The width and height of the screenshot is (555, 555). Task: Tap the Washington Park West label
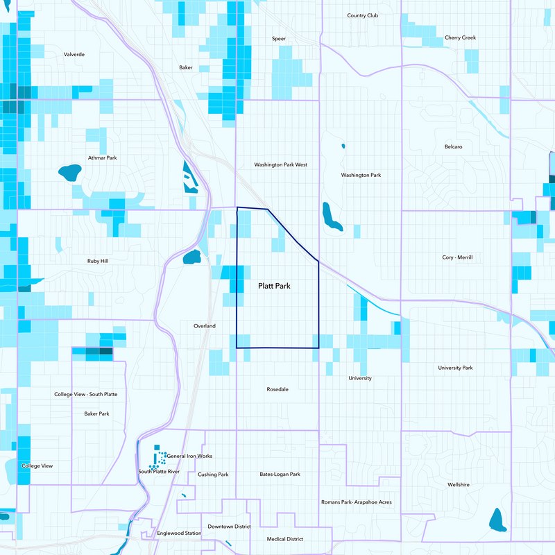[x=280, y=165]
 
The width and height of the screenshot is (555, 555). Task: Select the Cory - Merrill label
[x=457, y=257]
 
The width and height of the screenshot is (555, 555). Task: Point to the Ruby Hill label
[x=98, y=261]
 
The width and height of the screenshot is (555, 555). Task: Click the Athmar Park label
[x=102, y=158]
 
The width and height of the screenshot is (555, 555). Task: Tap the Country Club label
[x=362, y=15]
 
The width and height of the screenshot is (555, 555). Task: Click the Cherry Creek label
[x=461, y=37]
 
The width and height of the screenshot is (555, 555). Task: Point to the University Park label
[x=455, y=368]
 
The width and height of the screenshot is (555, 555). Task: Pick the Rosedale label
[x=277, y=390]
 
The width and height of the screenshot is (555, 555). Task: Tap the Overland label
[x=205, y=325]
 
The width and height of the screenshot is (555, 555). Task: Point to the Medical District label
[x=285, y=539]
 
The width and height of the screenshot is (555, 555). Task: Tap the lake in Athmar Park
[x=69, y=171]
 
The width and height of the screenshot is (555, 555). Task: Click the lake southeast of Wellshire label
[x=496, y=519]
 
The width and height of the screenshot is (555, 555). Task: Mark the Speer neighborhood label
[x=279, y=39]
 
